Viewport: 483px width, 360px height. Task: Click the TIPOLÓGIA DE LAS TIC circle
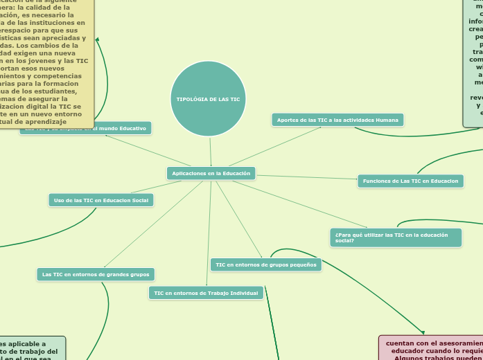[208, 99]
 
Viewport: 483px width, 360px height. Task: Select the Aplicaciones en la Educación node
[211, 173]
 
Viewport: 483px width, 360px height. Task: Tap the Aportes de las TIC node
[337, 120]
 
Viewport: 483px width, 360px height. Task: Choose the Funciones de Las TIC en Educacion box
[410, 181]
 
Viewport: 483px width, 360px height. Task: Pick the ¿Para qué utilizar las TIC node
[396, 237]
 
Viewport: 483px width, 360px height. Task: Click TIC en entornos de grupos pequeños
[265, 264]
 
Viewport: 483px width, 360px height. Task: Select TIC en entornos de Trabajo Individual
[206, 293]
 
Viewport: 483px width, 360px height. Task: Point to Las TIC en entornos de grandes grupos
[96, 274]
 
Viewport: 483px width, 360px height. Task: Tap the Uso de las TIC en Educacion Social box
[101, 200]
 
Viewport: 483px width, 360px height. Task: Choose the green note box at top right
[474, 62]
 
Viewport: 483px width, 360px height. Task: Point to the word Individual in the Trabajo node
[243, 293]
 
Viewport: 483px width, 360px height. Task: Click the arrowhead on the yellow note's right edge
[98, 40]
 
